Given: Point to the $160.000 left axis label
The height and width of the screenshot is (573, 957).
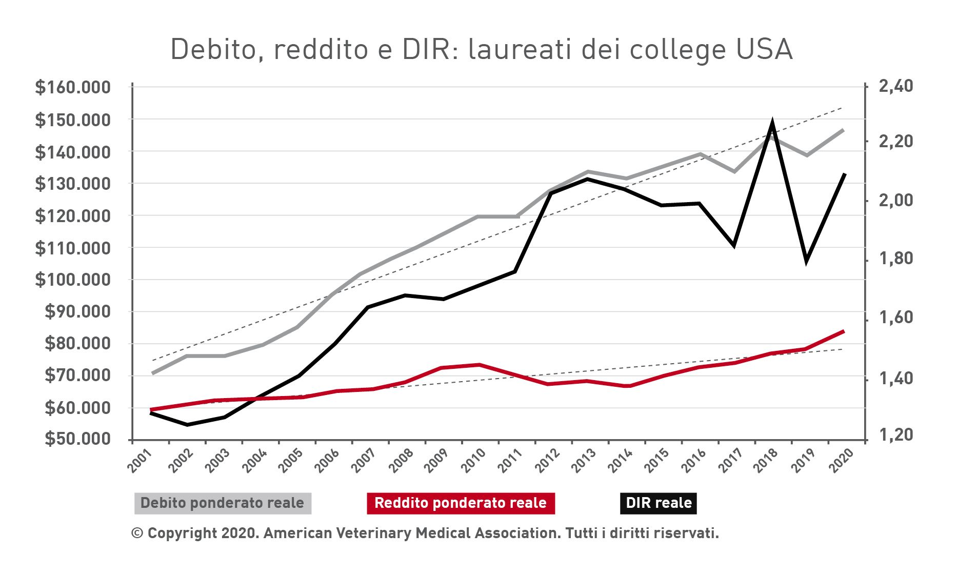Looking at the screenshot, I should point(73,88).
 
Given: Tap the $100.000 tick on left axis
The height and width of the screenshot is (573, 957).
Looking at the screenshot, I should point(73,280).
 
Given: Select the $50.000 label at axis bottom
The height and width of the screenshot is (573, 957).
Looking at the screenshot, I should point(77,439).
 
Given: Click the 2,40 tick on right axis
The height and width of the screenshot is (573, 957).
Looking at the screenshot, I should point(896,87).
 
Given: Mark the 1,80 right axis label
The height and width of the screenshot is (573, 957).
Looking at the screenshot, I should point(896,259).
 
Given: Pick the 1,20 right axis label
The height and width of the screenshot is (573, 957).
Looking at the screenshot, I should point(896,435).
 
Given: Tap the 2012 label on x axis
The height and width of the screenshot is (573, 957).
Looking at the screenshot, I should point(547,460).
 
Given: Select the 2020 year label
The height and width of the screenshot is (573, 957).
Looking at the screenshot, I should point(841,460).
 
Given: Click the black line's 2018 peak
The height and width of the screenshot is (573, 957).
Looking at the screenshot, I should point(772,123).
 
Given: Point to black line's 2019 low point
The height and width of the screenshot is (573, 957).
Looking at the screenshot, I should point(807,260).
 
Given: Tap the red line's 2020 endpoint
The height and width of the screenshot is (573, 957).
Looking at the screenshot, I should point(844,331).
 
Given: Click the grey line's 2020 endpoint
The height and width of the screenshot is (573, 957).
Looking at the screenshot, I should point(844,130).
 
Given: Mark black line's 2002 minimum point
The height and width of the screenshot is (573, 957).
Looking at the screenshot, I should point(187,425).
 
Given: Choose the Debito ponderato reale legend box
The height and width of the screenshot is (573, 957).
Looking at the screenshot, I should point(223,503).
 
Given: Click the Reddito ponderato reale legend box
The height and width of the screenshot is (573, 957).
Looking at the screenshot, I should point(461,503).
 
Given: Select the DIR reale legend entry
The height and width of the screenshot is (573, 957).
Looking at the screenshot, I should point(659,503).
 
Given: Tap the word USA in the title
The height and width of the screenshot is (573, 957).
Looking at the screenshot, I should point(764,50).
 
